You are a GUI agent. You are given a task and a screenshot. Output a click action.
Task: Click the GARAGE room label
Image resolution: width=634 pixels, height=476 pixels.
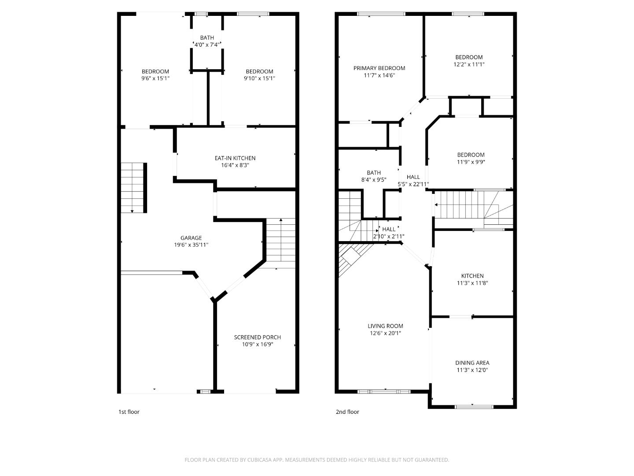(191, 238)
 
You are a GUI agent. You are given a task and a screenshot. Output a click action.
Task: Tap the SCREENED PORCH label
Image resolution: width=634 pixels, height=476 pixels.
(257, 337)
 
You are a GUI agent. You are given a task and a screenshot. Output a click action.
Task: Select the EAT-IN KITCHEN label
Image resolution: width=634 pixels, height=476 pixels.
(235, 158)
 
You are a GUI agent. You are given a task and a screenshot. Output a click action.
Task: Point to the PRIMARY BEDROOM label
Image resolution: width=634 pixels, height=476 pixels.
(379, 68)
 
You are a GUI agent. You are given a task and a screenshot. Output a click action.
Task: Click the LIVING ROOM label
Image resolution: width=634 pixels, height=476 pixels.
(385, 326)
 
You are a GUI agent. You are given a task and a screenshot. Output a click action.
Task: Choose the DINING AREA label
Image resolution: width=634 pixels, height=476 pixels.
(472, 363)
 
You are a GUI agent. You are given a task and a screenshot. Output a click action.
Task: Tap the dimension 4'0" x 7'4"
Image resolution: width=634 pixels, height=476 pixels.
(207, 45)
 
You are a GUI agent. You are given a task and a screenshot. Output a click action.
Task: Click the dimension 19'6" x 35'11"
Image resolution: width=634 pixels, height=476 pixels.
(191, 245)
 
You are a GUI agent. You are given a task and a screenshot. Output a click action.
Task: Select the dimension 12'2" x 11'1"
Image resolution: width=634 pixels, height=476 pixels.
(469, 64)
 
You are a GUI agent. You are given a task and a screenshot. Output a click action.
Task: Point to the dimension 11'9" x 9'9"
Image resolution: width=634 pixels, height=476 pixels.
(471, 162)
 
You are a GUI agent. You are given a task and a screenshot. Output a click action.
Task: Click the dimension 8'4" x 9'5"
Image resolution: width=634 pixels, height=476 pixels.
(373, 180)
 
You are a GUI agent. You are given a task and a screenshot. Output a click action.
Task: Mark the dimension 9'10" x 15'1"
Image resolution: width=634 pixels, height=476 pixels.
(259, 78)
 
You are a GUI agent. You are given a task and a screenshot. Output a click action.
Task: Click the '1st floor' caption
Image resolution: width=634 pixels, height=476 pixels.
(129, 412)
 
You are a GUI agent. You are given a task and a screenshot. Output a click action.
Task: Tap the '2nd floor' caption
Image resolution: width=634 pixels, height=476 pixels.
(347, 412)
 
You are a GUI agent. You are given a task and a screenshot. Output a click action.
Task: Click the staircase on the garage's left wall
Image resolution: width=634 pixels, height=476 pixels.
(133, 187)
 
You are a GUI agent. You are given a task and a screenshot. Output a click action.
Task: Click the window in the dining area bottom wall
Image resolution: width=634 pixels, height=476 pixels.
(474, 407)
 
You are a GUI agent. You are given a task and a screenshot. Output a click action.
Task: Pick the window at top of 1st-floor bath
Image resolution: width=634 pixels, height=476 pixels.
(202, 14)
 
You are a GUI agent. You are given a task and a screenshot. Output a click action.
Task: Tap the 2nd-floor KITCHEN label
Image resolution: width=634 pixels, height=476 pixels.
(472, 276)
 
